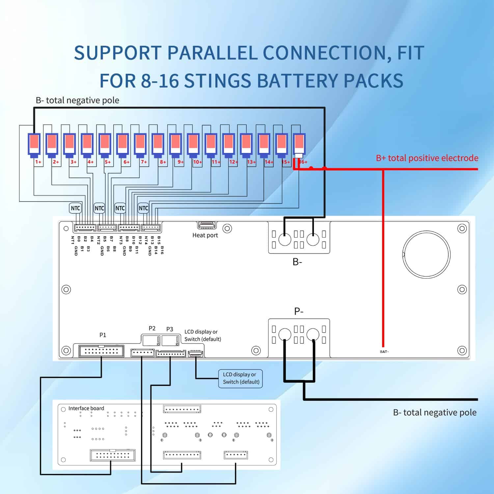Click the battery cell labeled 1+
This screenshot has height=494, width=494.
pyautogui.click(x=34, y=144)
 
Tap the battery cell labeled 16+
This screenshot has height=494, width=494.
pyautogui.click(x=299, y=144)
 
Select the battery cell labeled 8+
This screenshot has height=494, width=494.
pyautogui.click(x=158, y=144)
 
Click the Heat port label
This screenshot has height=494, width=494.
pyautogui.click(x=205, y=235)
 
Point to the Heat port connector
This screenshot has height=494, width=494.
pyautogui.click(x=207, y=225)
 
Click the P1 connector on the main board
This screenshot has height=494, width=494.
pyautogui.click(x=101, y=351)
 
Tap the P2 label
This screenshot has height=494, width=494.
pyautogui.click(x=152, y=328)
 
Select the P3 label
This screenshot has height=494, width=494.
pyautogui.click(x=170, y=329)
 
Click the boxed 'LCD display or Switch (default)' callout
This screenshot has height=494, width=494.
pyautogui.click(x=241, y=378)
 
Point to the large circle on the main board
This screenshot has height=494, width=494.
pyautogui.click(x=427, y=254)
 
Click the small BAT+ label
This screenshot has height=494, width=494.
pyautogui.click(x=384, y=352)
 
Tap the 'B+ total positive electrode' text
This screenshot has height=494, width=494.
pyautogui.click(x=427, y=158)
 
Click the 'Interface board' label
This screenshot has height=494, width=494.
pyautogui.click(x=86, y=408)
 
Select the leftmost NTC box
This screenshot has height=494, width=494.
pyautogui.click(x=75, y=208)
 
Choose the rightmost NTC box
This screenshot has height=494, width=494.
pyautogui.click(x=143, y=208)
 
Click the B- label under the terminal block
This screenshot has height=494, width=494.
pyautogui.click(x=297, y=262)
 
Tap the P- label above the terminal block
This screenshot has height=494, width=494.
pyautogui.click(x=299, y=311)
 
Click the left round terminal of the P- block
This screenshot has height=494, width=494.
pyautogui.click(x=285, y=335)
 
